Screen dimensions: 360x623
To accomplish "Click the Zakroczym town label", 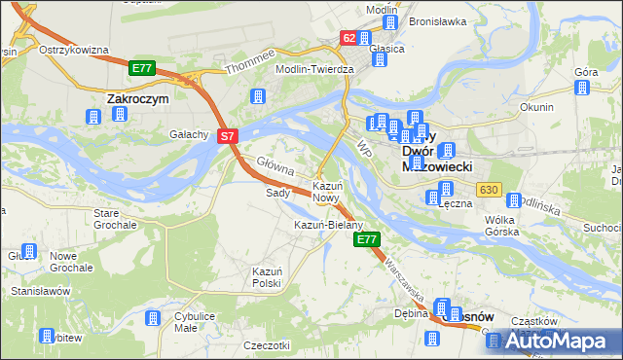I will (137, 98).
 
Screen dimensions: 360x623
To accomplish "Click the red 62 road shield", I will (348, 38).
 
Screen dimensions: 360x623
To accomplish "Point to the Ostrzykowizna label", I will (72, 50).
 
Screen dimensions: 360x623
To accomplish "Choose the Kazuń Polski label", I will (267, 276).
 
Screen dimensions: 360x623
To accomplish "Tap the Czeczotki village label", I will (268, 345).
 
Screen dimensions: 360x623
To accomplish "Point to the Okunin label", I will (536, 107).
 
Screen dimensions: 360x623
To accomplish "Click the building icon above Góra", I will (582, 90).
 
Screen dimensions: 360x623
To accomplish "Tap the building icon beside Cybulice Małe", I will (152, 320).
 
